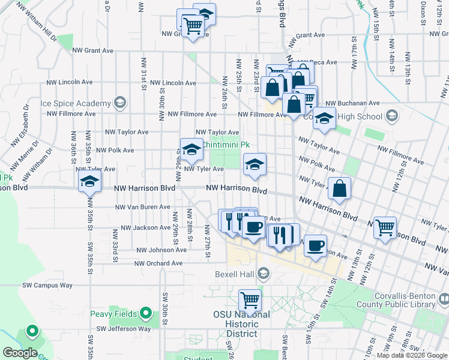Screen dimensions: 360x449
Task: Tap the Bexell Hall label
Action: (x=235, y=275)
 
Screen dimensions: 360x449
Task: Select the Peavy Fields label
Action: (x=114, y=314)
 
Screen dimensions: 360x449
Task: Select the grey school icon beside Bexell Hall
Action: (x=263, y=275)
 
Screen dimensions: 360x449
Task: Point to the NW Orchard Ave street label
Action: (x=158, y=263)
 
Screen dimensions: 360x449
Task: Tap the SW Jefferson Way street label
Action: (x=124, y=329)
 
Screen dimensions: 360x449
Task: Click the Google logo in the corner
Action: (x=20, y=353)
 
